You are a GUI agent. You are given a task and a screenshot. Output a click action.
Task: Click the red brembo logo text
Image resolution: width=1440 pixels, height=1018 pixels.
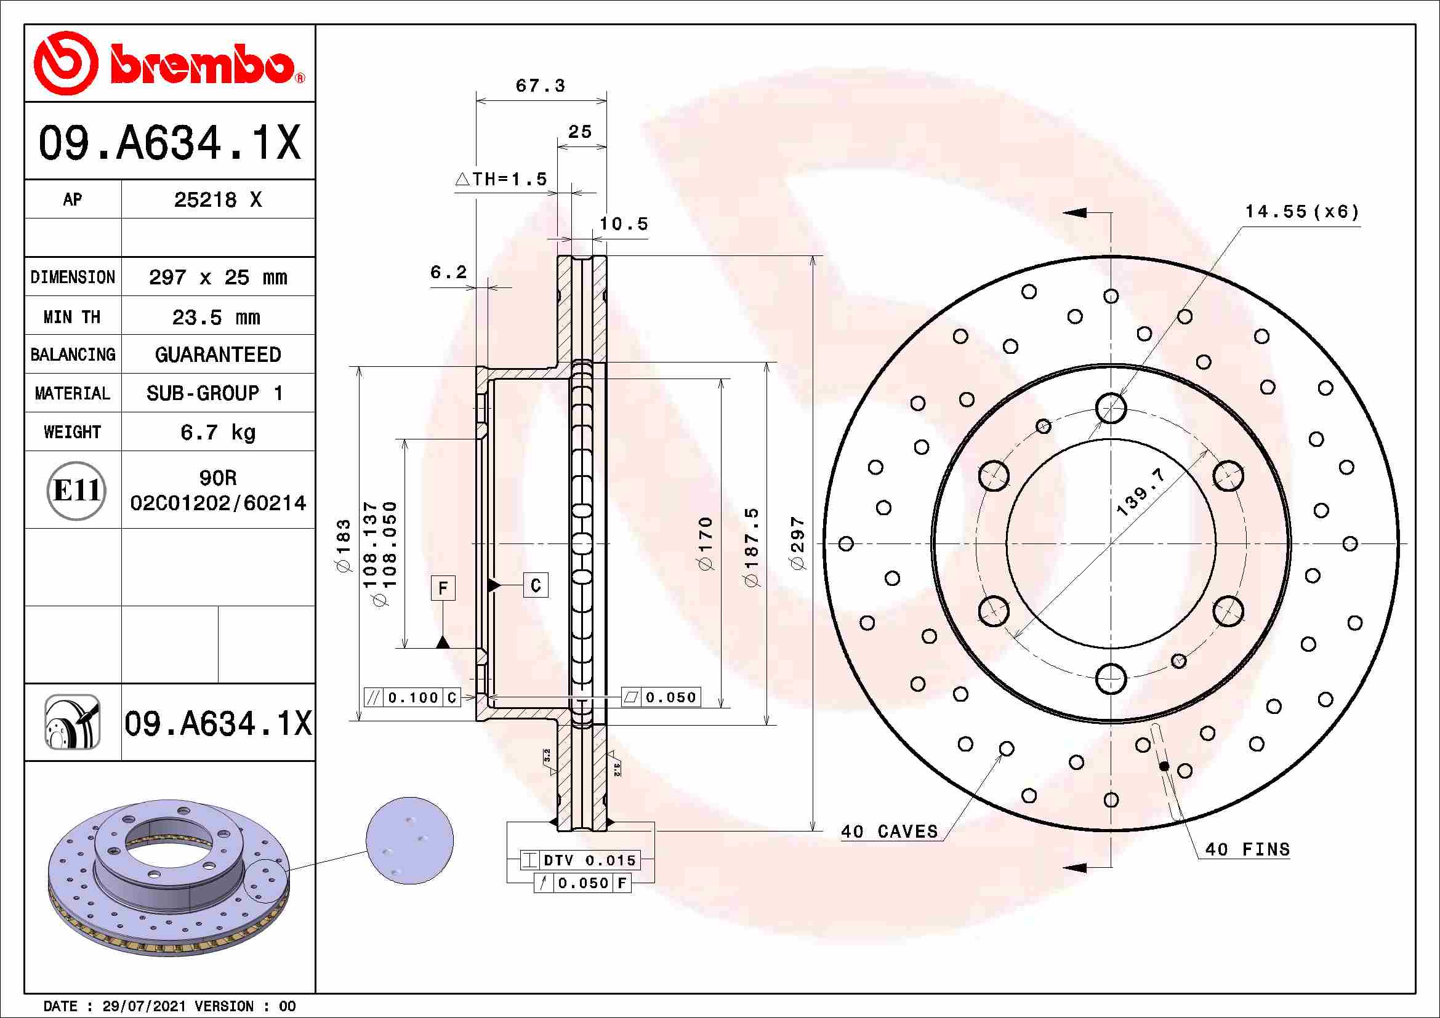click(202, 64)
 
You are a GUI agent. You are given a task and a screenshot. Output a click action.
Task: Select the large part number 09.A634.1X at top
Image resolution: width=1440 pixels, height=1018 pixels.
click(169, 143)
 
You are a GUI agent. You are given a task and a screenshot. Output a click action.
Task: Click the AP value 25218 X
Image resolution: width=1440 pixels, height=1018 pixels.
click(217, 200)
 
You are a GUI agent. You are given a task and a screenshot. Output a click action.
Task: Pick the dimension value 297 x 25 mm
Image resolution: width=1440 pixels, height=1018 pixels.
click(217, 277)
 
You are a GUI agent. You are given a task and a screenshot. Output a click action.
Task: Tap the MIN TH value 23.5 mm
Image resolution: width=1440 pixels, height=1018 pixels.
click(216, 317)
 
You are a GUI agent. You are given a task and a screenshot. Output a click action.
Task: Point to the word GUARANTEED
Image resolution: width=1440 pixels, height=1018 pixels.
click(217, 355)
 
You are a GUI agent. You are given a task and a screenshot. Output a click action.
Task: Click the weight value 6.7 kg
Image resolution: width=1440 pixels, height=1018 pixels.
click(217, 432)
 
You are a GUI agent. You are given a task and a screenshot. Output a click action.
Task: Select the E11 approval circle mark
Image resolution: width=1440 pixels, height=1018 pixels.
click(76, 490)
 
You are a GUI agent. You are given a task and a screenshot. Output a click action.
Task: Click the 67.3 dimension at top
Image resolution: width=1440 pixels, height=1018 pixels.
click(540, 86)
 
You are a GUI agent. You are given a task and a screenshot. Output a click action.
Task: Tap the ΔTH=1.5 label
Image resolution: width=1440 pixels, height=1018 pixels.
click(501, 179)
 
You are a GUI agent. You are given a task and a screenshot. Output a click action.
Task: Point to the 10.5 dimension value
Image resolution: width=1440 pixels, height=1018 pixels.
click(624, 224)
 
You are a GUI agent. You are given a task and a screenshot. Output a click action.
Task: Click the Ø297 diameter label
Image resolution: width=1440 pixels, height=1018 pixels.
click(797, 543)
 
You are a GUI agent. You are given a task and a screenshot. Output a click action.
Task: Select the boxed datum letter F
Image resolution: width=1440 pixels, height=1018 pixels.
click(443, 588)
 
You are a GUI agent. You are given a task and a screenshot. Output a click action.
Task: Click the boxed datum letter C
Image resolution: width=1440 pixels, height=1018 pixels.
click(536, 585)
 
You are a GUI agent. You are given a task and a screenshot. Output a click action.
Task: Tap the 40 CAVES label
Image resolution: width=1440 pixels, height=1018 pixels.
click(889, 832)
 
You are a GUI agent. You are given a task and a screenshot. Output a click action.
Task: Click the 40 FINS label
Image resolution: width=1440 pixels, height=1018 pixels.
click(1247, 849)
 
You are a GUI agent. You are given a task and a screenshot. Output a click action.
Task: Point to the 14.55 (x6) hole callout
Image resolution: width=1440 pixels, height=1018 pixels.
click(1302, 212)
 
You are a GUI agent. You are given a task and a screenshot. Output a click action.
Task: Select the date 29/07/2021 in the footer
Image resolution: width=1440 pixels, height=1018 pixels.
click(143, 1006)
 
